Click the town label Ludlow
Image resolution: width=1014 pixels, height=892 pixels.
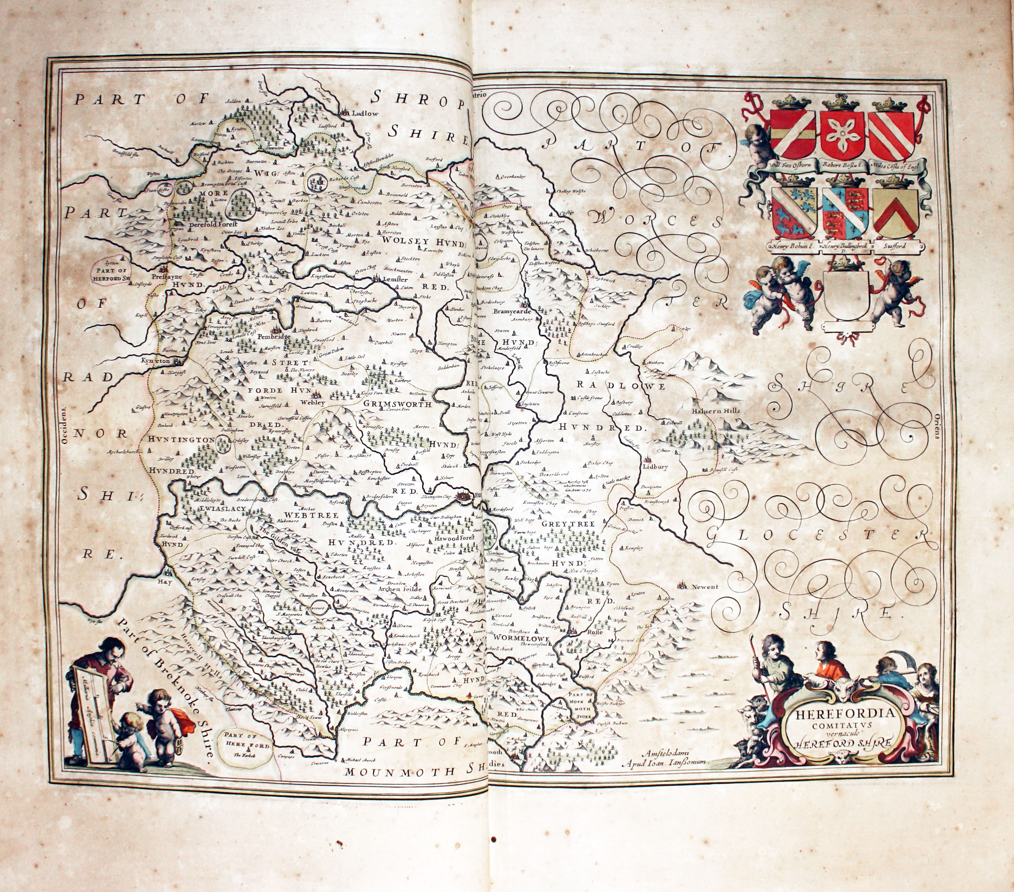(x=365, y=113)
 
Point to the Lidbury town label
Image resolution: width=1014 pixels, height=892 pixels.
(x=655, y=467)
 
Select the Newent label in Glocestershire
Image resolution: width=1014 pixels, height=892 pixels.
(x=705, y=587)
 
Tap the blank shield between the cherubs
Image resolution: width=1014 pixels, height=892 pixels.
(x=846, y=295)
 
